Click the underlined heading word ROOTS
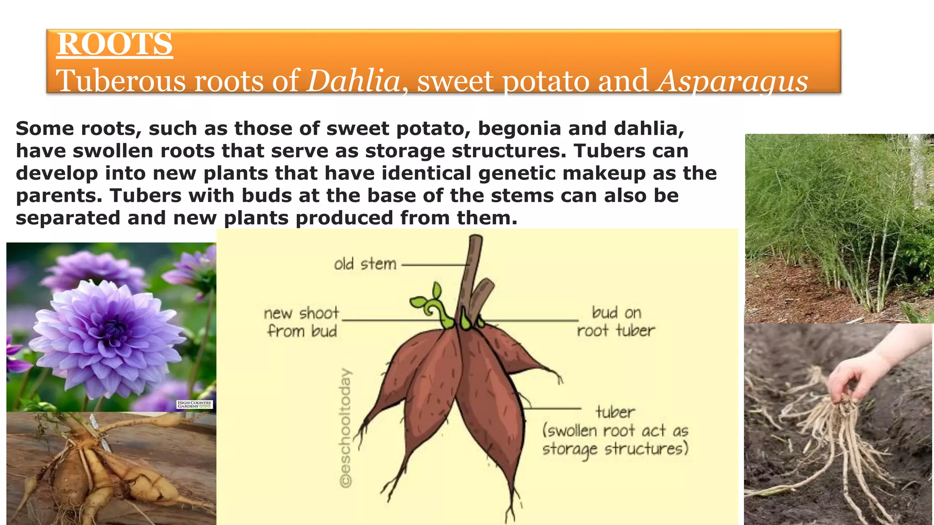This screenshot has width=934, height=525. click(114, 44)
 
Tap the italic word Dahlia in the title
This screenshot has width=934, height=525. click(353, 81)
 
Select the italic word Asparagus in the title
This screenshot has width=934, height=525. click(732, 81)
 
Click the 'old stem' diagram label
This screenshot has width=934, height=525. click(365, 264)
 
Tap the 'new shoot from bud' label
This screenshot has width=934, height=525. click(302, 322)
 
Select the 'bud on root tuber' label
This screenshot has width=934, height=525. click(616, 321)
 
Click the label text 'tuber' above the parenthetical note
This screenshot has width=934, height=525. click(615, 412)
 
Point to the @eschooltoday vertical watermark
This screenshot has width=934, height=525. click(347, 428)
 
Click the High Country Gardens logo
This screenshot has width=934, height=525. click(195, 404)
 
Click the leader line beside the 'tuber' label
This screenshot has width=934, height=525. click(554, 409)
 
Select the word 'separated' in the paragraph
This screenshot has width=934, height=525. click(68, 218)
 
